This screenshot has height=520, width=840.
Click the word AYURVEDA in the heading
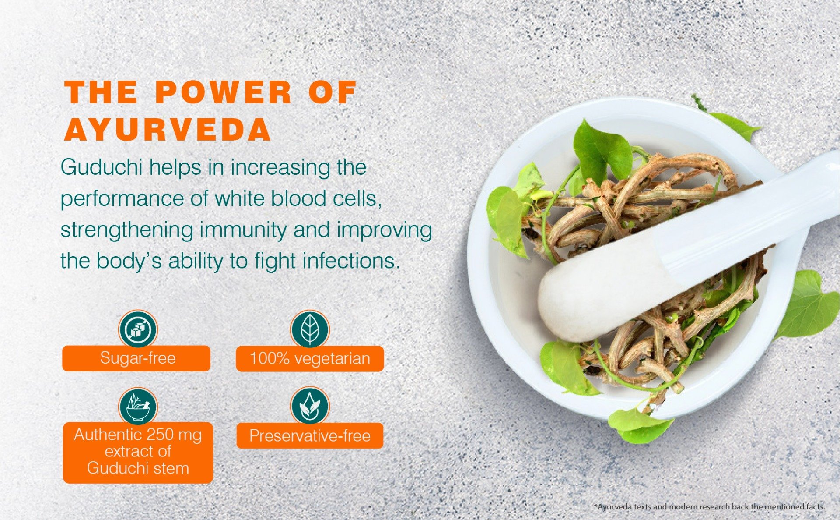coord(168,130)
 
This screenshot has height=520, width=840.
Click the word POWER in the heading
coord(224,92)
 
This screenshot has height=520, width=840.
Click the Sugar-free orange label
coord(136,358)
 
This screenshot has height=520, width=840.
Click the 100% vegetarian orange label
coord(310,359)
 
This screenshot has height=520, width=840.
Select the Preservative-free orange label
coord(310,436)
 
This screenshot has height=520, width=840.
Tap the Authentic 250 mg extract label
coord(138,453)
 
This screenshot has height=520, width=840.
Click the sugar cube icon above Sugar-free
coord(138,329)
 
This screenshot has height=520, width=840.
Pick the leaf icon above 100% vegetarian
coord(310,329)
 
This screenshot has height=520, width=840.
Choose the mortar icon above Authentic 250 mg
coord(138,406)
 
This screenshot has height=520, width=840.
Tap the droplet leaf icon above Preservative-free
coord(310,406)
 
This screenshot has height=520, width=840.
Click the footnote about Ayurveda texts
coord(709,507)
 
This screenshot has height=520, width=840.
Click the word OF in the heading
coord(332,92)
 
